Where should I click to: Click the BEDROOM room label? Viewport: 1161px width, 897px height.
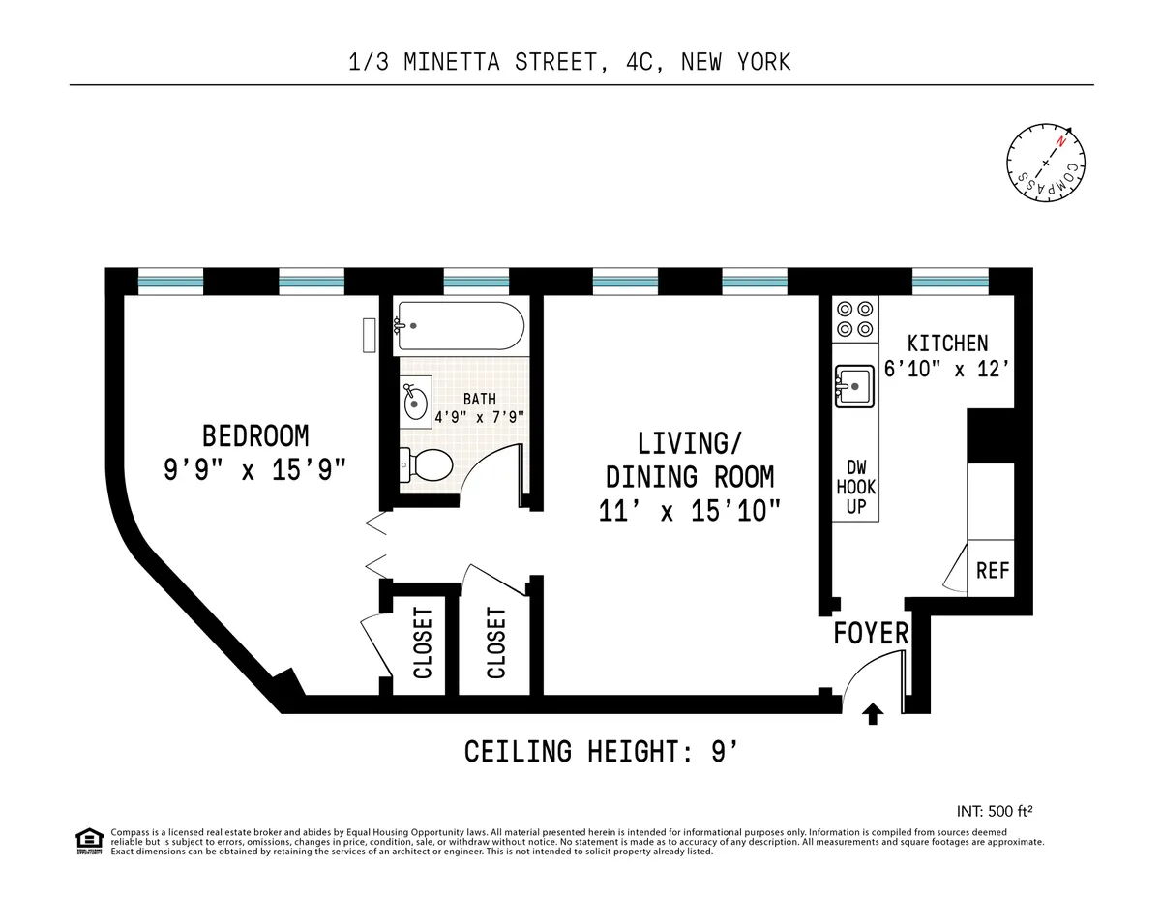[x=254, y=434]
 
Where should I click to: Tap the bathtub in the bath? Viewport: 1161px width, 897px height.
[x=460, y=326]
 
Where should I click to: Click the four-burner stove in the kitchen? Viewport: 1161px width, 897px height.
[x=855, y=319]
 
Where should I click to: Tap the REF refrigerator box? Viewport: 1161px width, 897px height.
[x=992, y=570]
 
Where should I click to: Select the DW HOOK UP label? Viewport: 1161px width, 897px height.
[x=855, y=486]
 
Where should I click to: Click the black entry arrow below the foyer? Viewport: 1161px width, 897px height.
[x=873, y=715]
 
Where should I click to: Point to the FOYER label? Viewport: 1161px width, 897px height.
[x=872, y=634]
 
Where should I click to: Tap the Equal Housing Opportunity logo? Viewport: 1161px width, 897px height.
[x=88, y=841]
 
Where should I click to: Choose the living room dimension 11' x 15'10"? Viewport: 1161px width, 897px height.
[x=689, y=510]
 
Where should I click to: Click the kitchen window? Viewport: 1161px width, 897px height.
[x=950, y=282]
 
